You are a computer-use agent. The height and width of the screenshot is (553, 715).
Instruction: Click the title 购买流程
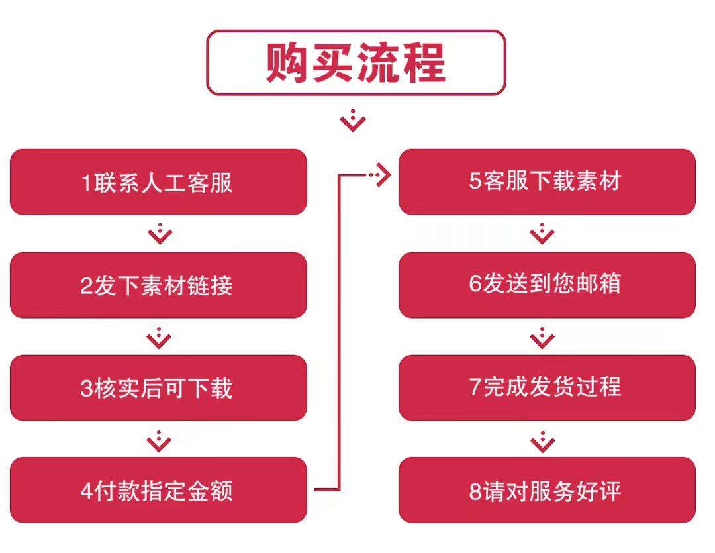click(356, 63)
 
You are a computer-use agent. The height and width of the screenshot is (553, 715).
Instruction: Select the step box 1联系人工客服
click(158, 182)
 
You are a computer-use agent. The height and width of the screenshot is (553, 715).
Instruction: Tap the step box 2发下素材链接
click(158, 285)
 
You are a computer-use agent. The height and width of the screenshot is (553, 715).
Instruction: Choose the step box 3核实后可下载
click(158, 388)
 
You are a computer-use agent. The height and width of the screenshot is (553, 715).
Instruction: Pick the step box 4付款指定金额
click(158, 491)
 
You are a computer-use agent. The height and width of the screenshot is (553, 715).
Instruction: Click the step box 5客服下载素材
click(547, 181)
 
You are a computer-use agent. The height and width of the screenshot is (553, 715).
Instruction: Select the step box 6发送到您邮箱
click(547, 285)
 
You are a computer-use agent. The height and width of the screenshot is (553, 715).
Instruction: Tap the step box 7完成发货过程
click(547, 387)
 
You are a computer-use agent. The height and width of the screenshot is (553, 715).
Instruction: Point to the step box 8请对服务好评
click(547, 491)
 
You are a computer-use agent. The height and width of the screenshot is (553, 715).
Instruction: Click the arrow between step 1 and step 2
click(160, 233)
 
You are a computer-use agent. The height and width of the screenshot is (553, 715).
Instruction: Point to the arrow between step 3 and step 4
click(160, 440)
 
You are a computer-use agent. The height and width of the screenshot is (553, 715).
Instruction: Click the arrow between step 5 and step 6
click(543, 233)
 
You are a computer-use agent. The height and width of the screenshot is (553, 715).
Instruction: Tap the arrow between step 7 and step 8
click(543, 440)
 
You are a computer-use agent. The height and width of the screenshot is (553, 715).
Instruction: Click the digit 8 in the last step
click(475, 492)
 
